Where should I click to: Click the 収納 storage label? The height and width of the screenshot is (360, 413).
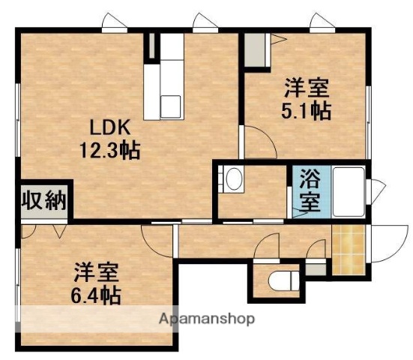click(x=45, y=200)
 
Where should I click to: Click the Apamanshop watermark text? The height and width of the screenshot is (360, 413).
click(x=207, y=319)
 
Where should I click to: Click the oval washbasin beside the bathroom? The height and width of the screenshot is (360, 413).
click(x=234, y=180)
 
